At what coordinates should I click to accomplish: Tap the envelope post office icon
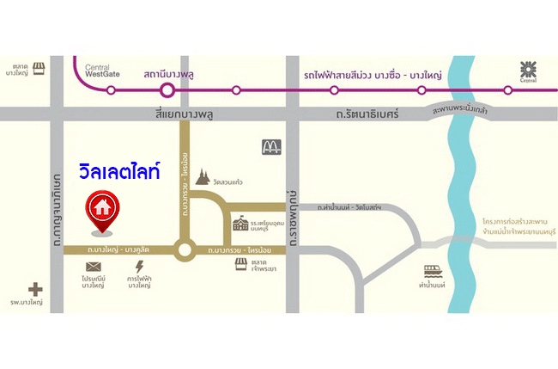[x=94, y=268]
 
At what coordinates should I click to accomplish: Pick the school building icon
[x=240, y=224]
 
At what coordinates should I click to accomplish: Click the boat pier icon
[x=431, y=272]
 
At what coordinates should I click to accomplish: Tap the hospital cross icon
[x=35, y=290]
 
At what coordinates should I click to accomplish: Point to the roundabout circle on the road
[x=183, y=250]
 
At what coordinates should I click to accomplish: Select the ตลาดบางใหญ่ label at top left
[x=21, y=70]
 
